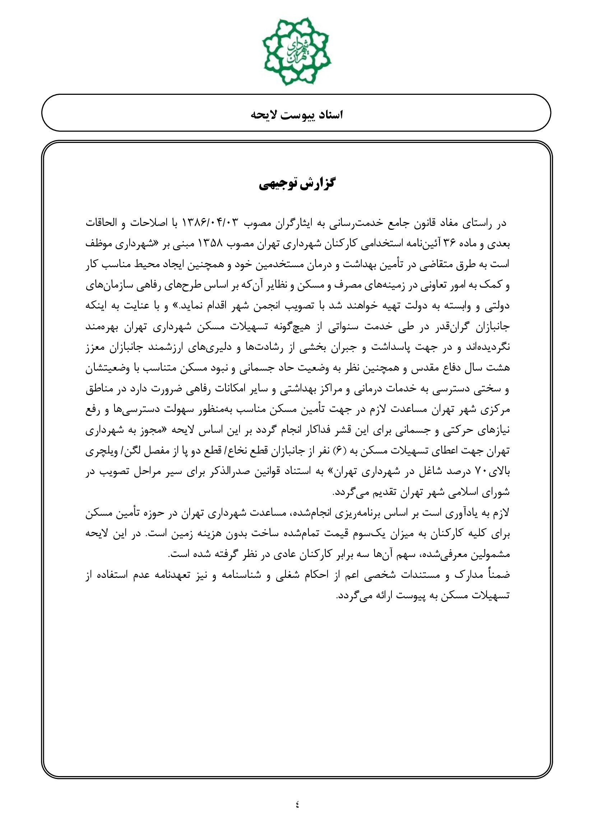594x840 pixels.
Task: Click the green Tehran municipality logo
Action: pyautogui.click(x=297, y=51)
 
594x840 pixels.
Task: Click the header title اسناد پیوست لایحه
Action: pyautogui.click(x=297, y=115)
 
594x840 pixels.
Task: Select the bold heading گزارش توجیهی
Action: pyautogui.click(x=297, y=184)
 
